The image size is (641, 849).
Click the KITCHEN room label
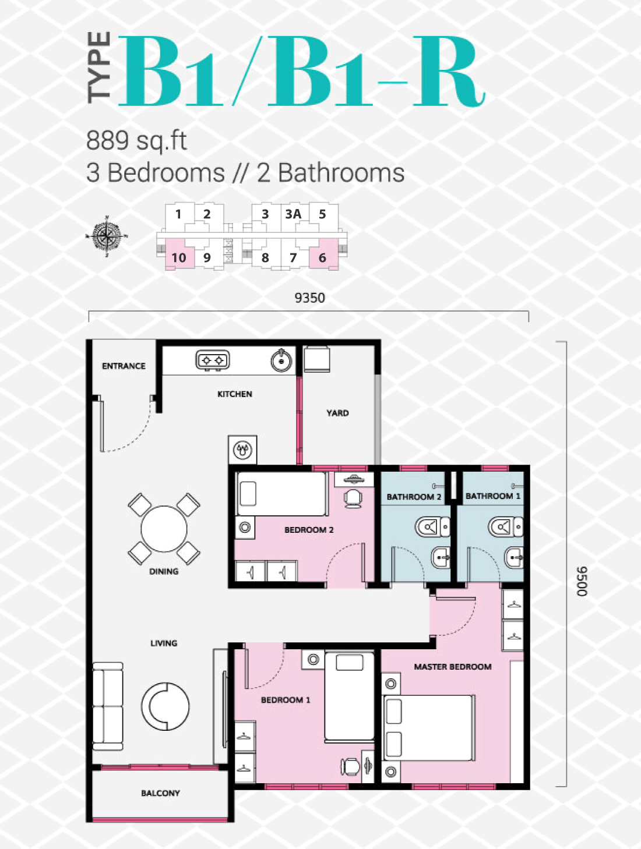(235, 394)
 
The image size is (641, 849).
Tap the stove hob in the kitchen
(213, 361)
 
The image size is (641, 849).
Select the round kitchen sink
(281, 360)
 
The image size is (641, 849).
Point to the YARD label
(337, 413)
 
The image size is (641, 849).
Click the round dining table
(164, 528)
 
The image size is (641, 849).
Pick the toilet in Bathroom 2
(432, 526)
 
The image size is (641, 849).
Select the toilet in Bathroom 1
(506, 526)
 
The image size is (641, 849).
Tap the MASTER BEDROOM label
(453, 666)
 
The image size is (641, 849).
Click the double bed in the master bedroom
(428, 728)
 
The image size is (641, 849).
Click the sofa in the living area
(108, 706)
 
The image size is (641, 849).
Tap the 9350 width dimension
(309, 298)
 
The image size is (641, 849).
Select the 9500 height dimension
(582, 581)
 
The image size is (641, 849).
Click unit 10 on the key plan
(179, 257)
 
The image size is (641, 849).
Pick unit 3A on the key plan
(293, 214)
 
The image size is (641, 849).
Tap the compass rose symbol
(107, 236)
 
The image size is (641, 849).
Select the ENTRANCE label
(124, 366)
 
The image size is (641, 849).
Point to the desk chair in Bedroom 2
(353, 498)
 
